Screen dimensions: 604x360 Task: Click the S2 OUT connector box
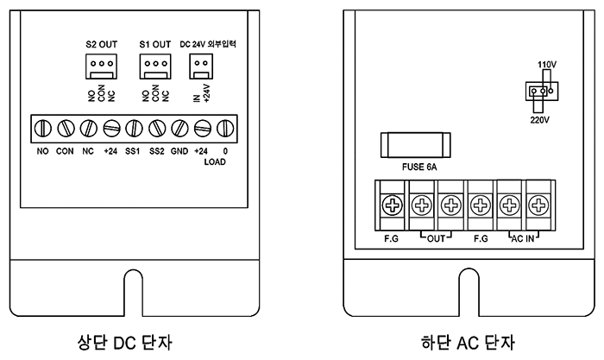pos(101,66)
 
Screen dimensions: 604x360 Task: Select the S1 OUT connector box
pos(155,66)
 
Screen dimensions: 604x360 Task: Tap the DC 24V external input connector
pos(201,66)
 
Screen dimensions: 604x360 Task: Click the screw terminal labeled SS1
pos(134,129)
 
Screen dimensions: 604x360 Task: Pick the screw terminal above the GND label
pos(179,129)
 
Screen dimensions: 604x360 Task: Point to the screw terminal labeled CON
pos(66,129)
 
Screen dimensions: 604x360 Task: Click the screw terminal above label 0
pos(225,129)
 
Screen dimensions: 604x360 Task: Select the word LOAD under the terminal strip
pos(215,162)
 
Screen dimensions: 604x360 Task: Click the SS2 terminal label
pos(157,151)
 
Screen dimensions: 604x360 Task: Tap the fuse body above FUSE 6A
pos(416,145)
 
